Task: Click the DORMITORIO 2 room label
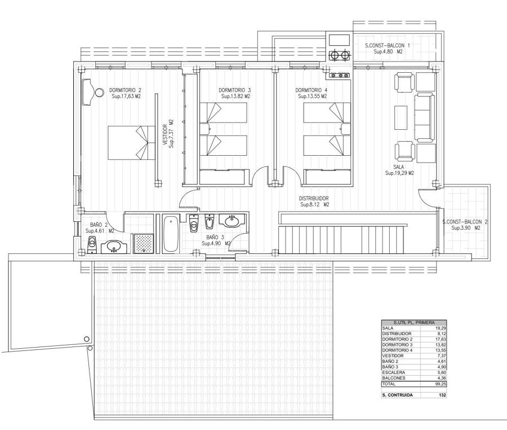125,90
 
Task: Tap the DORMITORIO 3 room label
234,90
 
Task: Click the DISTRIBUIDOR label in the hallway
314,199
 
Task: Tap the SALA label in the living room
399,167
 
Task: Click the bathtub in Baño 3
170,234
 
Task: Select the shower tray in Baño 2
143,243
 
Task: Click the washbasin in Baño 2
113,247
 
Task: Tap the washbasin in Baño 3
232,221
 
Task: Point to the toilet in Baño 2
92,245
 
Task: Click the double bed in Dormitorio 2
131,143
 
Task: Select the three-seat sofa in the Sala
424,117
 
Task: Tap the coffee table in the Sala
401,117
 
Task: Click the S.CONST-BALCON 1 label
387,46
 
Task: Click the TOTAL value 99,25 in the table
440,384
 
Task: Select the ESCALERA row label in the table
393,372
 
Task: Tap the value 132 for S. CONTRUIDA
442,395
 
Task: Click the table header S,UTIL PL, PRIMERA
414,323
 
